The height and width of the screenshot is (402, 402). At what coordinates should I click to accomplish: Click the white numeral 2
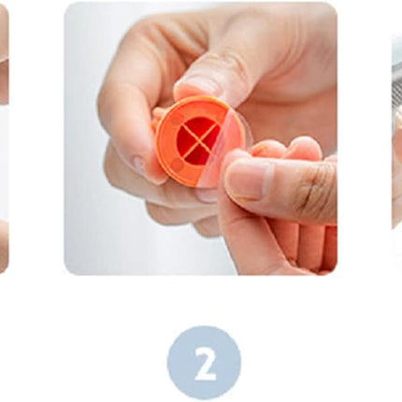point(205,363)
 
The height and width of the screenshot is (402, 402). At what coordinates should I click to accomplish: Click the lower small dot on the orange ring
point(179,164)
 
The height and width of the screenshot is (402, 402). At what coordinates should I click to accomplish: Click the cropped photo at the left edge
point(5,138)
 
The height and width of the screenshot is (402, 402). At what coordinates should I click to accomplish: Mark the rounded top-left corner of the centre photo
point(68,6)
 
